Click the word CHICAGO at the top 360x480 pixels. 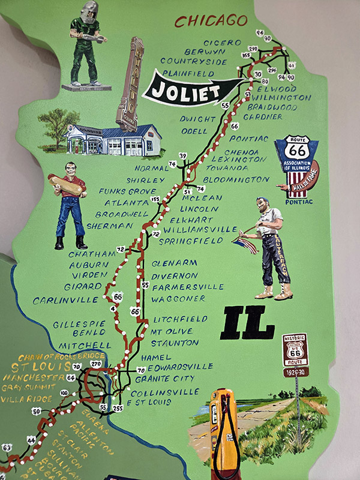[211, 21]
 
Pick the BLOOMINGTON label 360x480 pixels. [236, 179]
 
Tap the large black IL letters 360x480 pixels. [247, 325]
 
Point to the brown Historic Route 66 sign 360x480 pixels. [295, 350]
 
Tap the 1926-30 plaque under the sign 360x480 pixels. [296, 373]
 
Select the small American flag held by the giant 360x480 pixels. [246, 244]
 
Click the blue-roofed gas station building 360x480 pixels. [114, 140]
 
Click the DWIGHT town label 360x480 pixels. [194, 119]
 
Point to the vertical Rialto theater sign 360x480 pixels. [128, 83]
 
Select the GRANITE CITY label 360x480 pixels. [165, 379]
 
